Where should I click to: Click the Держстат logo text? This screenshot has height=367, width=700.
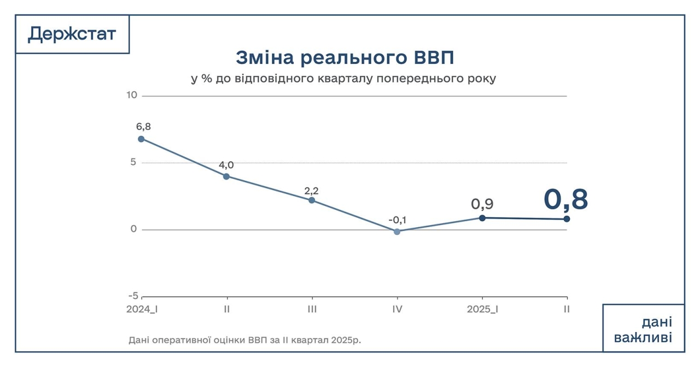click(72, 34)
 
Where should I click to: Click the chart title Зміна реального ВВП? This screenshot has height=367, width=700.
click(345, 57)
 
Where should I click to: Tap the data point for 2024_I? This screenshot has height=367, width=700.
click(141, 139)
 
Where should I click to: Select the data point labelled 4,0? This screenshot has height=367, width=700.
click(226, 176)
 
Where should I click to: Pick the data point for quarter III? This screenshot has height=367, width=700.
click(312, 200)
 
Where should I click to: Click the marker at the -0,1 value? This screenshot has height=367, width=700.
click(397, 232)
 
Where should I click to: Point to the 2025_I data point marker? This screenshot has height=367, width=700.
click(482, 217)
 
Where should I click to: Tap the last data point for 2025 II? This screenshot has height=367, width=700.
click(567, 218)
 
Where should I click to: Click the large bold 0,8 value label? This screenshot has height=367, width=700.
click(565, 199)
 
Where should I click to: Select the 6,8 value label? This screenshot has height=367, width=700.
click(143, 127)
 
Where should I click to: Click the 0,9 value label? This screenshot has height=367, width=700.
click(482, 204)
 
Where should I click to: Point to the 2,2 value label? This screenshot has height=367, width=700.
click(311, 191)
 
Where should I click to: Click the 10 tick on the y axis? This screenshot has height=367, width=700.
click(131, 96)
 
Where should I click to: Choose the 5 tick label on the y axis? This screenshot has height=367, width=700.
click(133, 162)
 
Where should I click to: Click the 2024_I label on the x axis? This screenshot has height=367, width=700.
click(142, 309)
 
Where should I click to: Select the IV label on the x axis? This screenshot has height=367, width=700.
click(397, 309)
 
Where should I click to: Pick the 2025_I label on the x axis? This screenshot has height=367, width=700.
click(482, 309)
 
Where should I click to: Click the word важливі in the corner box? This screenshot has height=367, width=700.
click(643, 338)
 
